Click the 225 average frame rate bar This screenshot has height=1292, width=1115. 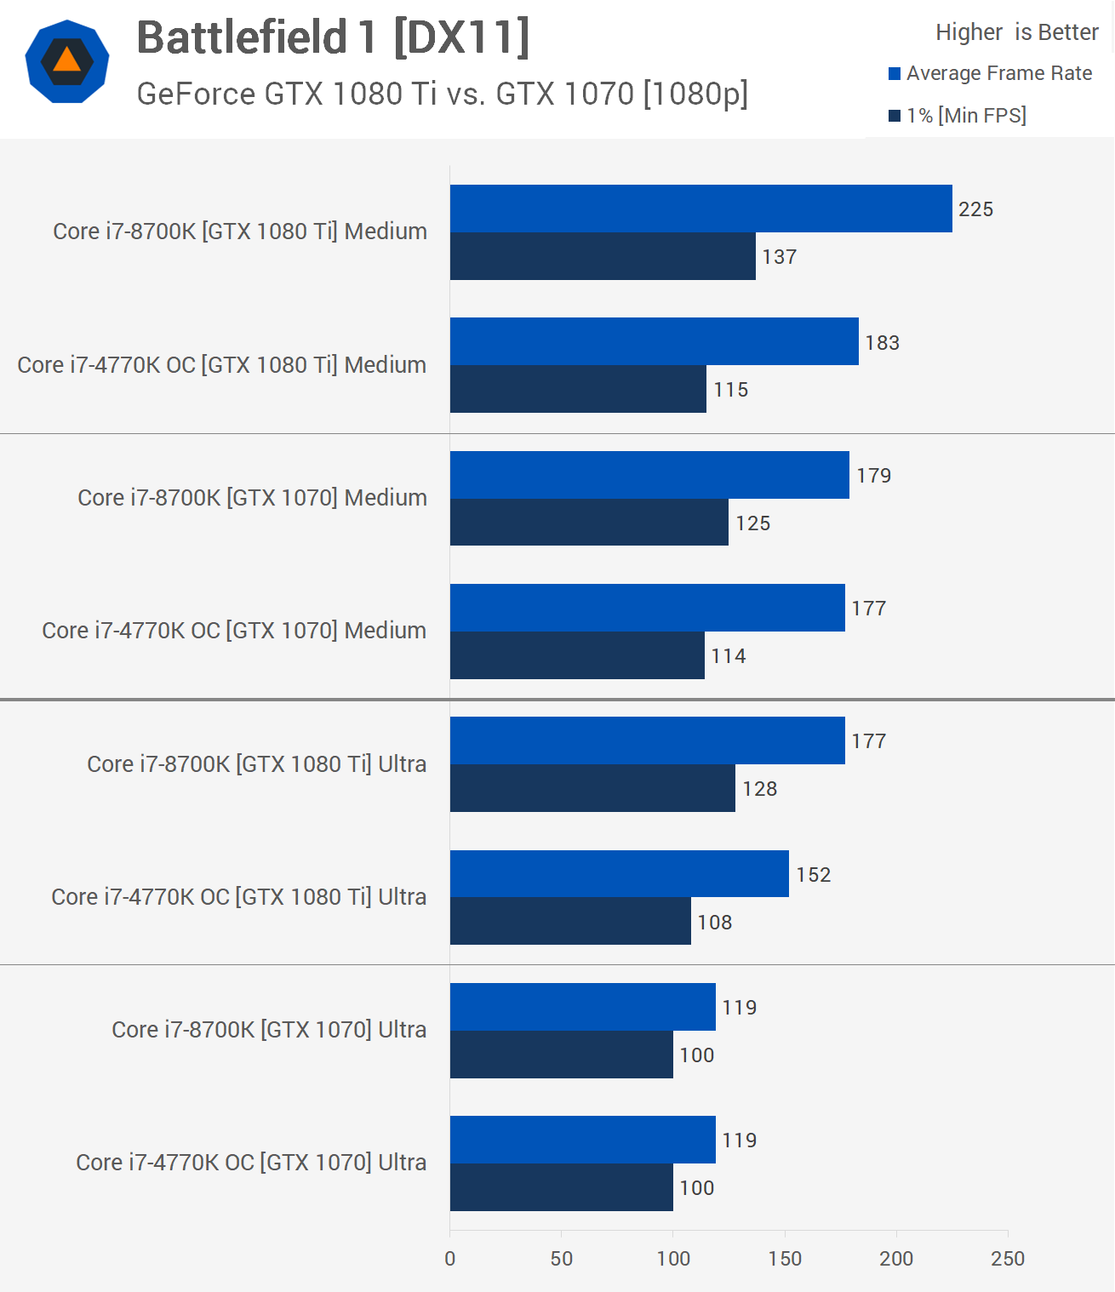(700, 209)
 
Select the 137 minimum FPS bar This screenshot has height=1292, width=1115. (603, 256)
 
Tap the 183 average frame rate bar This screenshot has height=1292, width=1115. (654, 341)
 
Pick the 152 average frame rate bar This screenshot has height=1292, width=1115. (619, 873)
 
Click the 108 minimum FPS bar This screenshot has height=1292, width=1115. (570, 921)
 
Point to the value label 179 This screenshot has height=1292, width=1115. (873, 476)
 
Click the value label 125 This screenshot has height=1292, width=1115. (753, 523)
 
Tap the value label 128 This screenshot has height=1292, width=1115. (759, 789)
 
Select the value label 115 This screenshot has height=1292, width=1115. (730, 390)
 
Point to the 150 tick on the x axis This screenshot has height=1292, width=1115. (785, 1259)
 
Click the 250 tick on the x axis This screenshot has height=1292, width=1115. (1008, 1259)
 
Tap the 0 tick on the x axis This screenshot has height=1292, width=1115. (450, 1259)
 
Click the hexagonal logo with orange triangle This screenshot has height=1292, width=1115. (67, 61)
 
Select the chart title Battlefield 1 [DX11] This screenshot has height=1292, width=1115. (333, 38)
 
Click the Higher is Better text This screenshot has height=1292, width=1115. (1016, 32)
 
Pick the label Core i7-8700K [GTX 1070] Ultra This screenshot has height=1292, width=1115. (269, 1030)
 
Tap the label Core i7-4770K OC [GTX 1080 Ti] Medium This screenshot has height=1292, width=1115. (222, 365)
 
